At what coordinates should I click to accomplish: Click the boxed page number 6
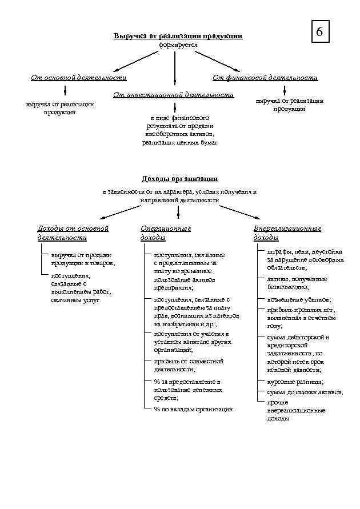tap(319, 33)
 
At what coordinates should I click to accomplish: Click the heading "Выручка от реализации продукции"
tap(178, 36)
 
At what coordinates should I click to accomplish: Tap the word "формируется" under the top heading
tap(178, 44)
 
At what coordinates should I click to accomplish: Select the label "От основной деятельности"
tap(78, 78)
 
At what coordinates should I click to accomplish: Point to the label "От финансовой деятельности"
tap(265, 78)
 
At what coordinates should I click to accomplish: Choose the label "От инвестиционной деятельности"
tap(174, 94)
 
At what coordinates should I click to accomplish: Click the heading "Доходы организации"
tap(179, 179)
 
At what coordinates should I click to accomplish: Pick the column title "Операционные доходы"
tap(166, 233)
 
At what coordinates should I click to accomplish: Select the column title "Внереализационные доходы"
tap(287, 233)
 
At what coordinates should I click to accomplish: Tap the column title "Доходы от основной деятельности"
tap(73, 233)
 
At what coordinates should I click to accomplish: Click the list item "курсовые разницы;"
tap(295, 382)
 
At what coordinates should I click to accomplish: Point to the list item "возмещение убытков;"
tap(299, 299)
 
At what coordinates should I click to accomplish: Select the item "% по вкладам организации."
tap(194, 409)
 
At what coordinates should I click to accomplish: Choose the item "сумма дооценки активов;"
tap(305, 392)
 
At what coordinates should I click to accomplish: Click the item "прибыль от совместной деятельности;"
tap(189, 365)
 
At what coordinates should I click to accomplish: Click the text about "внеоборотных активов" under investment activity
tap(179, 134)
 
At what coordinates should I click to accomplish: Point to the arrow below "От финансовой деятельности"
tap(285, 90)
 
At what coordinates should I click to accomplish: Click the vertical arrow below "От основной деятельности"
tap(65, 90)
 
